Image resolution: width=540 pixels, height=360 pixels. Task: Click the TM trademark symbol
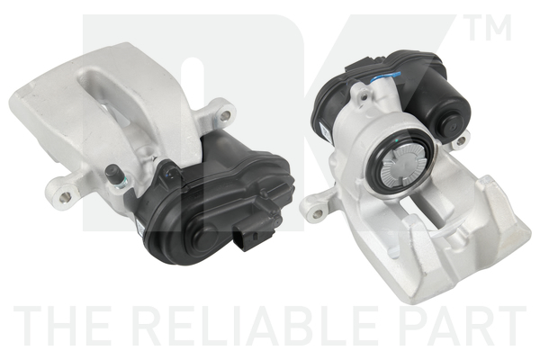coord(487,28)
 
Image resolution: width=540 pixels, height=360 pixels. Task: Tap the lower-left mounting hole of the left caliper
coord(64,197)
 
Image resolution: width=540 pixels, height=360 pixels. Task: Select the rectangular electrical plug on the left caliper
coord(249,236)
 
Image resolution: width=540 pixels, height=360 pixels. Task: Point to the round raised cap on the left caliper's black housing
coord(200,237)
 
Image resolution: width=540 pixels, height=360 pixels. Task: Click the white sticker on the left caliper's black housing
coord(139,228)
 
